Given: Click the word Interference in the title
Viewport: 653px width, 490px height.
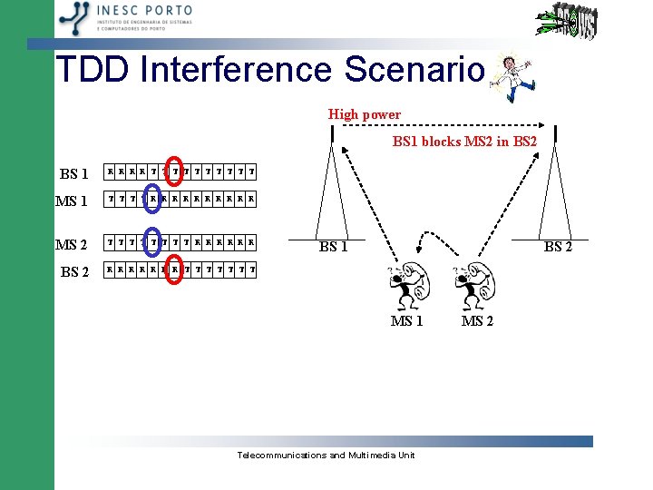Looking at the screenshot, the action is (239, 70).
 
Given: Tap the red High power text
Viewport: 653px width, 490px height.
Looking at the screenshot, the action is (364, 114).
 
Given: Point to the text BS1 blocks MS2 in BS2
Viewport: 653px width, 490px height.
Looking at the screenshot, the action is (464, 142).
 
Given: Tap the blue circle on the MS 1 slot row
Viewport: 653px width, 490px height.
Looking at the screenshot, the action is (151, 197).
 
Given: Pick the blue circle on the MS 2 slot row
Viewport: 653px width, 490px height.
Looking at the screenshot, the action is (151, 242).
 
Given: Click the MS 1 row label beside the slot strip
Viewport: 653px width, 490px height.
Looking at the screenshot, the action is (73, 201).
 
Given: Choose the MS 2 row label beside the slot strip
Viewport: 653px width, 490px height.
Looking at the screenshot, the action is (72, 245).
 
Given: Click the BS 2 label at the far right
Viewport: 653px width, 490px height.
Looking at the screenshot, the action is (557, 247).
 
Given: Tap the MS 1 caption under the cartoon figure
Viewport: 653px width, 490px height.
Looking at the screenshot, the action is (406, 320).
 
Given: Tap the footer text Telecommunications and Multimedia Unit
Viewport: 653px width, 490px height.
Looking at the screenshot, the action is (326, 455).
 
